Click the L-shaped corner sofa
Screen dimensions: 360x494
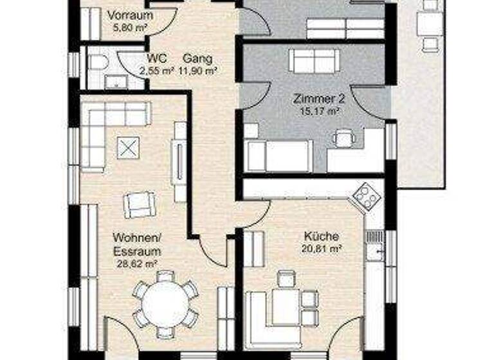coord(106,129)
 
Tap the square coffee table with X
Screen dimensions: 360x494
coord(126,148)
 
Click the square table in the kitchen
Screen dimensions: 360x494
coord(286,305)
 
